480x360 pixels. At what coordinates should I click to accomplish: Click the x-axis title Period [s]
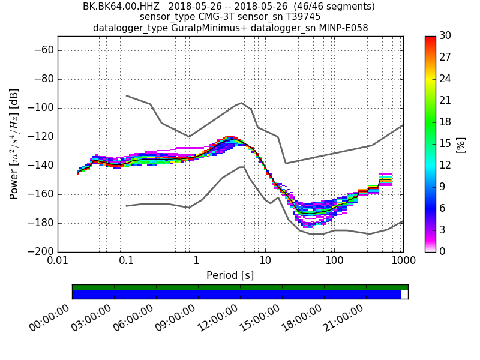(230, 275)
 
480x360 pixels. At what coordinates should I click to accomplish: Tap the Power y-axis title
(14, 144)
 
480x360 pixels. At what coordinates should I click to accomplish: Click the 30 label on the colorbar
(445, 36)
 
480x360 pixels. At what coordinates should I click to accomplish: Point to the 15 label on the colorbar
(445, 144)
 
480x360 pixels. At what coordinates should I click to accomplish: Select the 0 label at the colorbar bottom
(443, 251)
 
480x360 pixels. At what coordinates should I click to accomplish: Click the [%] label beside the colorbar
(461, 144)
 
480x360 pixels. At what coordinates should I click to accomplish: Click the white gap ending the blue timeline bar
(404, 295)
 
